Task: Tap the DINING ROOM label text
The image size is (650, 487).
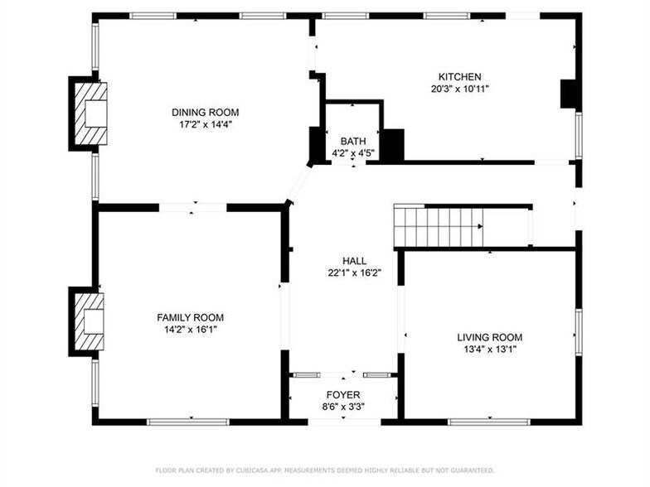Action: tap(205, 113)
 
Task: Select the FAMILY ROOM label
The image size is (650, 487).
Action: tap(190, 317)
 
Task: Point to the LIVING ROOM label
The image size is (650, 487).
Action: tap(489, 337)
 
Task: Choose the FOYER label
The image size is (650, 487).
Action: tap(342, 395)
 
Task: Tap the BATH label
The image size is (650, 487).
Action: tap(353, 142)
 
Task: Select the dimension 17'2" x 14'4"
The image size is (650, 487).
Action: tap(205, 125)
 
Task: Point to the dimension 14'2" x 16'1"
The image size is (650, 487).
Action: tap(190, 329)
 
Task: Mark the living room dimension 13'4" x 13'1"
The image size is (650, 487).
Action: tap(489, 349)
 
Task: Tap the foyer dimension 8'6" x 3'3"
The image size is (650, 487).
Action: tap(342, 407)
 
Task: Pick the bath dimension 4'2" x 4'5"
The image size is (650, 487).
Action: tap(353, 153)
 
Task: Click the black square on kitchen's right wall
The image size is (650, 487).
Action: tap(569, 94)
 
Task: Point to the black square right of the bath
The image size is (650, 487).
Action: tap(392, 145)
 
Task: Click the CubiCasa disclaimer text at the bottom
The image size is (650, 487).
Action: tap(324, 470)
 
